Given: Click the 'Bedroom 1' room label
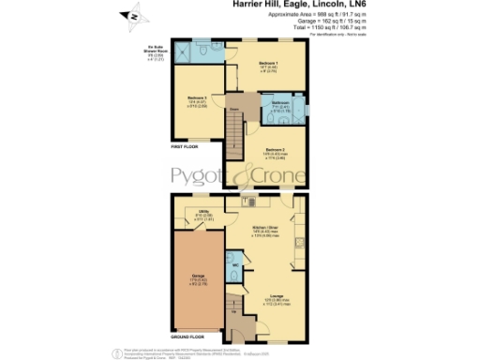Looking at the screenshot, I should coord(270,63).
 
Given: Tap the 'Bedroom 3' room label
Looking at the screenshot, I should coord(196,97).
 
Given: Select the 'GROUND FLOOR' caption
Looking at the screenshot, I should coord(187,335).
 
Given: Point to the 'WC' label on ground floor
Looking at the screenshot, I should coord(232,265).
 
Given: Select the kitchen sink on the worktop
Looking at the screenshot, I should coord(251,201).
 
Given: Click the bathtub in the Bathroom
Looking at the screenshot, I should coord(296,108).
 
